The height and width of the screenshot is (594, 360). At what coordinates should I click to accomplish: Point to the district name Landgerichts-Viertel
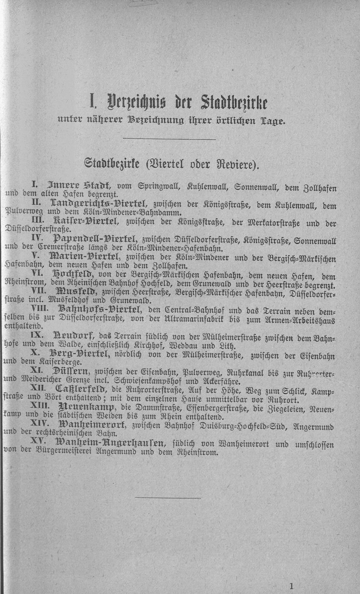pos(93,204)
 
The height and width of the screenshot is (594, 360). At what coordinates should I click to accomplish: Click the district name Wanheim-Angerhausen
pos(110,443)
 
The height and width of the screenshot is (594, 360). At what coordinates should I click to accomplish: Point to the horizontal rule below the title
pos(169,139)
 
